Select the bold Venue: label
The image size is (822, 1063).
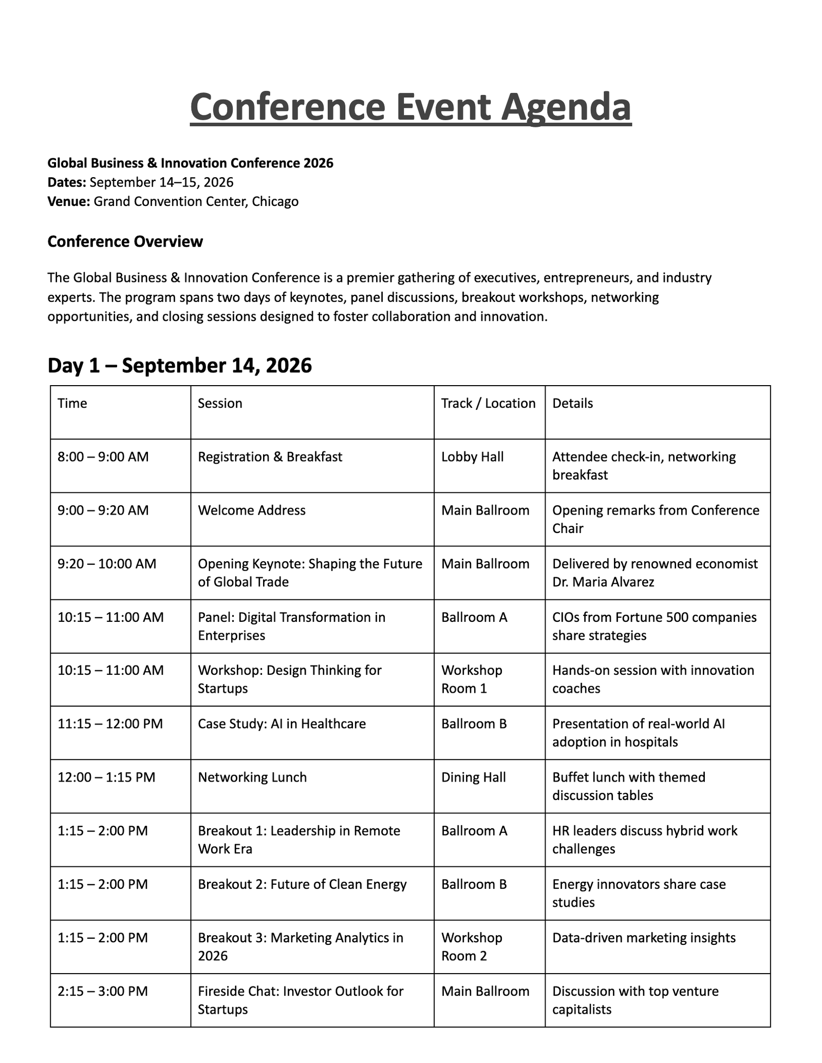(68, 201)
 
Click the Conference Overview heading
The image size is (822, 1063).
(125, 241)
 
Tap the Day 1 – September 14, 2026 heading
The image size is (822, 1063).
(179, 366)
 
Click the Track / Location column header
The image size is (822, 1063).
(488, 403)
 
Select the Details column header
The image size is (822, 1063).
(572, 403)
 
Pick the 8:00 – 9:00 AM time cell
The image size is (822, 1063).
(103, 457)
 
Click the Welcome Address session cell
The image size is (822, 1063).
(252, 510)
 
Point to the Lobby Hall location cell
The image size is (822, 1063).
(472, 457)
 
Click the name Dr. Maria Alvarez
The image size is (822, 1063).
(603, 582)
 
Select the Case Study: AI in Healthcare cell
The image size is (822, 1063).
(282, 724)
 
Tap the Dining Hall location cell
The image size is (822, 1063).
(473, 777)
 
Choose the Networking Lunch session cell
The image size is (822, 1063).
(252, 777)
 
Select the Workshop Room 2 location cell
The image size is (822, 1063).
(471, 946)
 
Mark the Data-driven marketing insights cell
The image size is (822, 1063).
(644, 938)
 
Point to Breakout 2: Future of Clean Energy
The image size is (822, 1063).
(302, 884)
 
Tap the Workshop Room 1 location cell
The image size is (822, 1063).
(471, 679)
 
